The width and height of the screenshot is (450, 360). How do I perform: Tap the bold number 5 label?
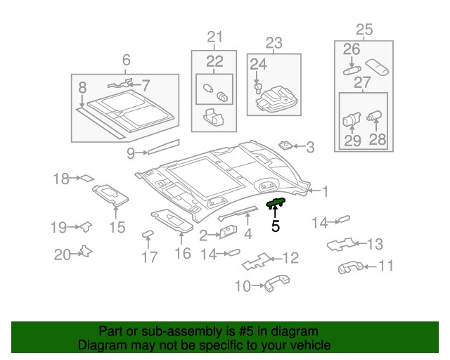[276, 226]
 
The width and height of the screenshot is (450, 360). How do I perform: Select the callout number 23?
[274, 43]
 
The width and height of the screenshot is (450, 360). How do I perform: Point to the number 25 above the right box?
[364, 30]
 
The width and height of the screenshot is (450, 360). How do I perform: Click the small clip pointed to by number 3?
[285, 146]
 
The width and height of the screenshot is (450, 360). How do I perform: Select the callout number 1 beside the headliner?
[325, 190]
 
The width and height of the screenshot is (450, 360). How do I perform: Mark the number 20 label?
[63, 255]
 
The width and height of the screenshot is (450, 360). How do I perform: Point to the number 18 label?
[62, 179]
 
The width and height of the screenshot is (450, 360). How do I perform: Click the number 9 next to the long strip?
[131, 153]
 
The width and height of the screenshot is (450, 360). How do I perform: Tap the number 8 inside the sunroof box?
[82, 88]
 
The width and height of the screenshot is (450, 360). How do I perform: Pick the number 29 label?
[352, 140]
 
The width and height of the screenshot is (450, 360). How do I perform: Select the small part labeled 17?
[148, 234]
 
